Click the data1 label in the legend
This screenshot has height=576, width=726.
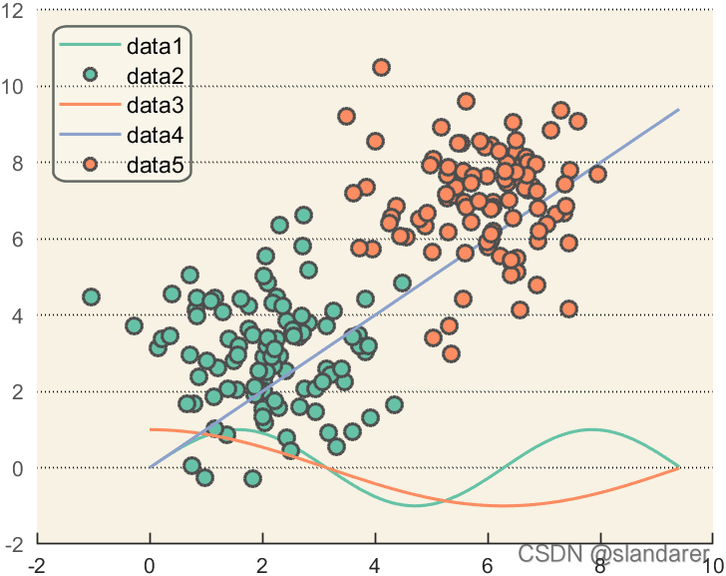click(x=156, y=46)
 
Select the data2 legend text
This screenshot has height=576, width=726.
click(x=156, y=75)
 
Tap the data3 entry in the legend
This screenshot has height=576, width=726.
click(x=156, y=104)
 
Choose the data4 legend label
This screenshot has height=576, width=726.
click(x=156, y=134)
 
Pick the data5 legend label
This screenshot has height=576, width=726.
click(x=156, y=164)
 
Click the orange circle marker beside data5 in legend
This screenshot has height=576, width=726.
click(x=91, y=164)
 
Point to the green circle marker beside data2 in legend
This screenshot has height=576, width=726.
click(x=91, y=75)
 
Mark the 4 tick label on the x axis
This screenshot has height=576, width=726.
click(x=375, y=565)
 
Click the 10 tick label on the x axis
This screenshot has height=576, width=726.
click(x=710, y=565)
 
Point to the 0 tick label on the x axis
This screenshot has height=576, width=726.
click(x=150, y=565)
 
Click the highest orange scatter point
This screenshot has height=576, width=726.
click(x=381, y=68)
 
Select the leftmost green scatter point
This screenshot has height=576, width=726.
click(x=91, y=296)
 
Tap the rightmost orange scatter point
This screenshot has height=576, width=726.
click(x=597, y=174)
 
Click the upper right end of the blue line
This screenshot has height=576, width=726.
click(x=678, y=110)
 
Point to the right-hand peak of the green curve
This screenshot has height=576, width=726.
click(x=591, y=429)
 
